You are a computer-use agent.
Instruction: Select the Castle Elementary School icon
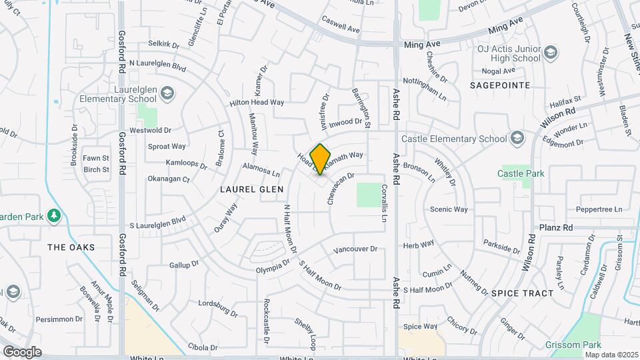[518, 139]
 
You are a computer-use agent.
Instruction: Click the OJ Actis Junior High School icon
[551, 52]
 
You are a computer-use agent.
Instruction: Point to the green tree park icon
[55, 215]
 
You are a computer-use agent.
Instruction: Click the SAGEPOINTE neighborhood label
[499, 85]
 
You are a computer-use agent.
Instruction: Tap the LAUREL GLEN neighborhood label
[247, 189]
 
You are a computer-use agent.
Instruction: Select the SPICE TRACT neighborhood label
[522, 293]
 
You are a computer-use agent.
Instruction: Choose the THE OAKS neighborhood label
[71, 247]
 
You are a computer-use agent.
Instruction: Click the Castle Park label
[521, 173]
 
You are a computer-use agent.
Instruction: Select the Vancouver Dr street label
[355, 249]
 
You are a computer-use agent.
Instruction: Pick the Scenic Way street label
[449, 209]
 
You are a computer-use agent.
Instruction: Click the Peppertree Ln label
[599, 209]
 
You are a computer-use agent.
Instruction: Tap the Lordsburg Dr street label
[218, 308]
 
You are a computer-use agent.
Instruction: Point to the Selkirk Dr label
[164, 45]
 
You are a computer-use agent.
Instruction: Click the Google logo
[22, 351]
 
